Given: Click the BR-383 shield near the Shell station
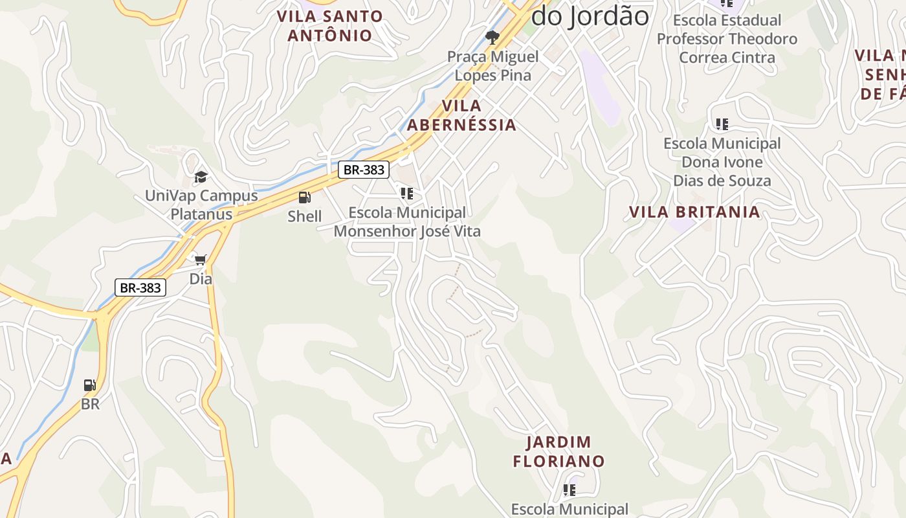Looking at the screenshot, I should point(364,170).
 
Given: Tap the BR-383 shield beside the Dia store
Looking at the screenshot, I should point(140,287).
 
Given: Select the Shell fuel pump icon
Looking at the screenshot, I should point(304,197).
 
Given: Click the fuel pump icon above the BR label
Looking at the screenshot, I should point(90,385).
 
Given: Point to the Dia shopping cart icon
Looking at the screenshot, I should point(201,260).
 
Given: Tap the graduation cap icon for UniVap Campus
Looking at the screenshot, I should point(201,177).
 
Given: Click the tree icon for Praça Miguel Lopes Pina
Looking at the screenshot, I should point(492,37).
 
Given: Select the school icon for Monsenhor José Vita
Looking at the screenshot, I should point(406,193).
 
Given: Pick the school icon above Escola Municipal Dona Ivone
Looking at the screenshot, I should point(722,124).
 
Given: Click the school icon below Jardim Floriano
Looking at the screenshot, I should point(569,490).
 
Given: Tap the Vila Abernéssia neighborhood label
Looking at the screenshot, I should point(461,115).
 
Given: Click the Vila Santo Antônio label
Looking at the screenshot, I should point(330,25).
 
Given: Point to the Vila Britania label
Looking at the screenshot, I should point(694,212).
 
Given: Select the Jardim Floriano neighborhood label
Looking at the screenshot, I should point(558,451).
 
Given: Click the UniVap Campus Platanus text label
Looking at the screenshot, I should point(201,205).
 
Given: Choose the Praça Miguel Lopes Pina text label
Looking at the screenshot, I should point(493,66).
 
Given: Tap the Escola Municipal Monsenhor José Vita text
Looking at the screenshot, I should point(407,221).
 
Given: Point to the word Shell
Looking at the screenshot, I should point(304,216).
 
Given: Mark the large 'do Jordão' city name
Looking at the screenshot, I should point(590,16).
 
